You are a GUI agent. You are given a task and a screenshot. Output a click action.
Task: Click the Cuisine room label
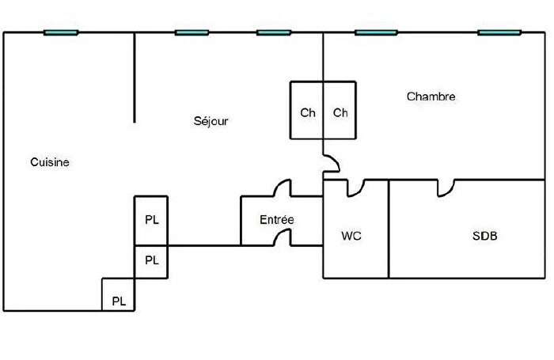tap(49, 162)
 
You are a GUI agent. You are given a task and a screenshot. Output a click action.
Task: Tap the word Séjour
tap(211, 121)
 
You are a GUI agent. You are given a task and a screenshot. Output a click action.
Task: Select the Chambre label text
tap(431, 97)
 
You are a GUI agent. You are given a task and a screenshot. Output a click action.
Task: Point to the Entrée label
tap(277, 219)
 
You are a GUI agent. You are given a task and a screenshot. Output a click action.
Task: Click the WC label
tap(351, 236)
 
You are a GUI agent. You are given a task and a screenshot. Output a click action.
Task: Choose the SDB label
tap(484, 236)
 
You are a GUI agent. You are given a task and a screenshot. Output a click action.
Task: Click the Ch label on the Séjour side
tap(307, 112)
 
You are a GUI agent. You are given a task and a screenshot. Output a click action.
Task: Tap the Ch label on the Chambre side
tap(340, 112)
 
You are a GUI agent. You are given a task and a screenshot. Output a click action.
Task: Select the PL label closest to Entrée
tap(152, 220)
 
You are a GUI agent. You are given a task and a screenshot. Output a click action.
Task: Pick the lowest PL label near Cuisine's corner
tap(119, 301)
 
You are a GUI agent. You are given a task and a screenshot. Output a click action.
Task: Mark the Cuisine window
tap(61, 32)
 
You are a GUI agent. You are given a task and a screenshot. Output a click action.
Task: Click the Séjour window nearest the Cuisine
tap(192, 32)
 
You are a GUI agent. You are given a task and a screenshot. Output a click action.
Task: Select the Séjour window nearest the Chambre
tap(274, 32)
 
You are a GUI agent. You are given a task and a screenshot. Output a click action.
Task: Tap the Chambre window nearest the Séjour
tap(376, 32)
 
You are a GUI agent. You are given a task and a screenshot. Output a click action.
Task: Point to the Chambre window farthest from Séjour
tap(499, 32)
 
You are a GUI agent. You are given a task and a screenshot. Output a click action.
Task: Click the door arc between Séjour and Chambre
tap(336, 160)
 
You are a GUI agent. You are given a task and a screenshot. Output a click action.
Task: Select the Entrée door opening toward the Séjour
tap(279, 184)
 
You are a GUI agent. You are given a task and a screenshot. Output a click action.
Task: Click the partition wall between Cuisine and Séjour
tap(135, 78)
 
